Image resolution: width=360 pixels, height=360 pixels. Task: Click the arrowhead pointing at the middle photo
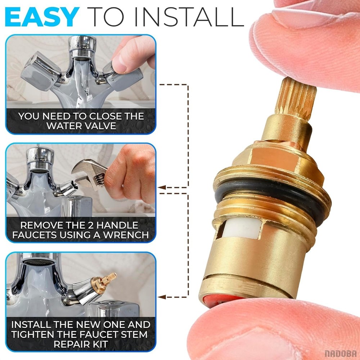162,187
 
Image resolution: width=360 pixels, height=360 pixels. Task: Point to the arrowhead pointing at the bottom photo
162,297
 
